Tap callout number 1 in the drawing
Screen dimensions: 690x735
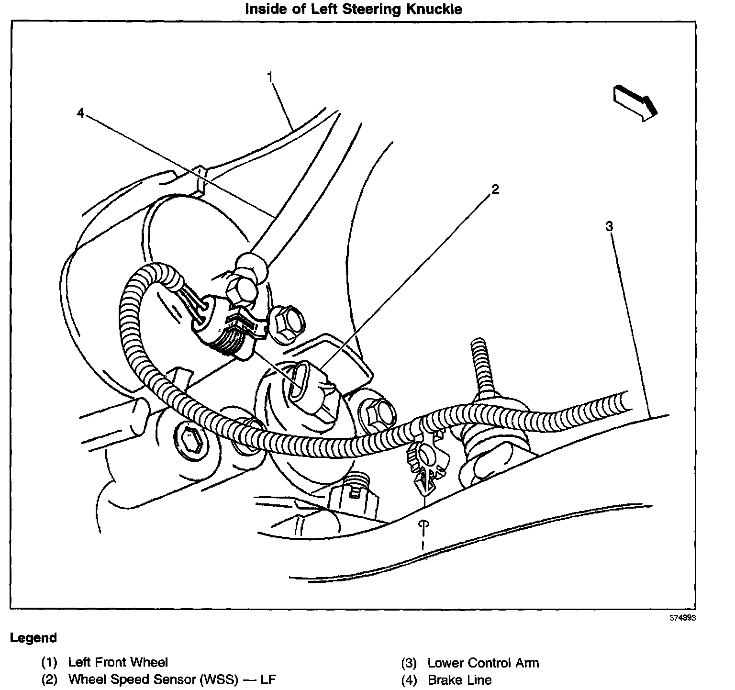270,77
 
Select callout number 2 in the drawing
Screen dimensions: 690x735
495,189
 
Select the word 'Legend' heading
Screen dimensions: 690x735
33,638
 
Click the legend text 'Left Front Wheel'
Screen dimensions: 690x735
118,662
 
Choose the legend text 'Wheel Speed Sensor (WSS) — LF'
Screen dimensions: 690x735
172,679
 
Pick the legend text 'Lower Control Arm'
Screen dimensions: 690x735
483,663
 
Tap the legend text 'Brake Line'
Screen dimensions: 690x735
459,679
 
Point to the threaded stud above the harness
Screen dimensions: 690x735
479,364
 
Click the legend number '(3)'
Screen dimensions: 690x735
409,663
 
